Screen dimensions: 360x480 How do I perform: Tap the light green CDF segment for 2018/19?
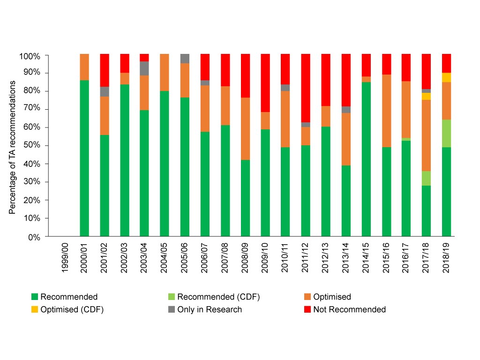tap(446, 134)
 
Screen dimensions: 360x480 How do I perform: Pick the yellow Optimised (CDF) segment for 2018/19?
tap(446, 77)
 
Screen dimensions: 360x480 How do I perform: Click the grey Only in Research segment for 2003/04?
tap(144, 68)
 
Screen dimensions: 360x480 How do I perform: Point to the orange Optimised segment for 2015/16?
tap(386, 111)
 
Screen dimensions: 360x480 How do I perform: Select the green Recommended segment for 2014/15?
tap(366, 159)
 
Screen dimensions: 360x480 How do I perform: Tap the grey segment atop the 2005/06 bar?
tap(185, 59)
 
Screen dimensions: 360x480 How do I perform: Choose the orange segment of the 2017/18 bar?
tap(426, 135)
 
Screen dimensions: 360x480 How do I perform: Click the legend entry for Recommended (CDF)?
tap(218, 297)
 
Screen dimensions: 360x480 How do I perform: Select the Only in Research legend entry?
tap(210, 309)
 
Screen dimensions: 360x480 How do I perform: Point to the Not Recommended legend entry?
tap(349, 309)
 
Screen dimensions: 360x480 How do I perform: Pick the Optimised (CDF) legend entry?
tap(72, 309)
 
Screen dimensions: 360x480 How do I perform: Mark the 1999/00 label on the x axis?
tap(65, 258)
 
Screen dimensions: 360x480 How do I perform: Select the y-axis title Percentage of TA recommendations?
tap(13, 147)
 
